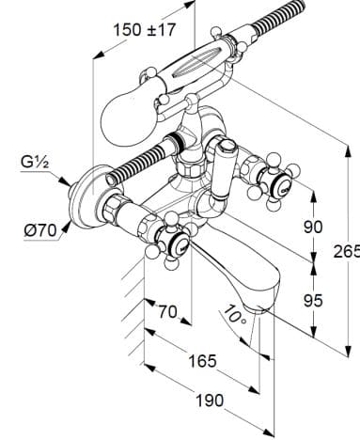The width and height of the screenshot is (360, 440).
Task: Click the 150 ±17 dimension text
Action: point(144,30)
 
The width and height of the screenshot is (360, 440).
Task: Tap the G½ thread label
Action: point(35,163)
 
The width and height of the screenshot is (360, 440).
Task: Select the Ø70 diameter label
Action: point(40,231)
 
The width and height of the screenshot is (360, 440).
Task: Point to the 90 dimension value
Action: point(313,227)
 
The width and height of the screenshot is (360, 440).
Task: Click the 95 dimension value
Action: point(313,301)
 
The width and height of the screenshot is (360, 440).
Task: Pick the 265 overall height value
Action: point(346,251)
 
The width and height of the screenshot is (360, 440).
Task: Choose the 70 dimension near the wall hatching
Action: point(167,311)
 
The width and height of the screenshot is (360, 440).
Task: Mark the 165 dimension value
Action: point(202,361)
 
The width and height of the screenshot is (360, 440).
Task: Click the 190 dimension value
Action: point(210,401)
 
